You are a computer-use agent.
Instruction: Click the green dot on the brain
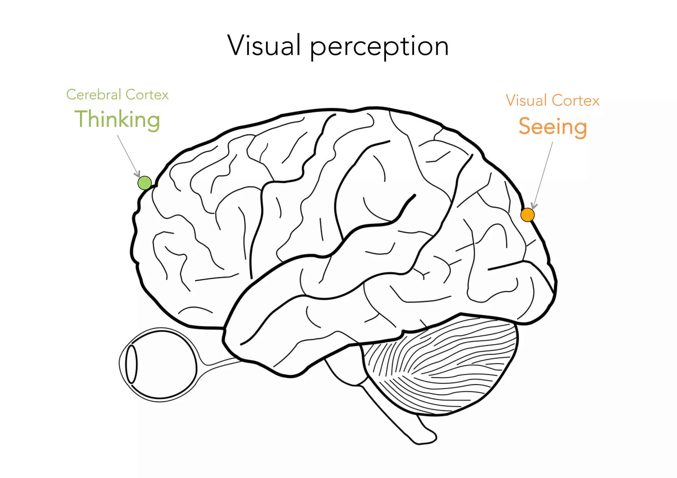(144, 183)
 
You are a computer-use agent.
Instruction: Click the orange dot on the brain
(527, 215)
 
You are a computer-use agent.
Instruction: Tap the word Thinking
(117, 119)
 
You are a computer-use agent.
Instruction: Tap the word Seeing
(553, 127)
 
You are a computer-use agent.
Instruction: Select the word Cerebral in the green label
(94, 95)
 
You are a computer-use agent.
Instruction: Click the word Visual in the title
(264, 46)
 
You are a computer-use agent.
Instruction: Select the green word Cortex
(147, 95)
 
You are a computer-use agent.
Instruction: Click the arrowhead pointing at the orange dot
(534, 206)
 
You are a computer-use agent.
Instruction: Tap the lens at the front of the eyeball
(131, 364)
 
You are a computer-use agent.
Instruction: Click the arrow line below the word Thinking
(127, 154)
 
